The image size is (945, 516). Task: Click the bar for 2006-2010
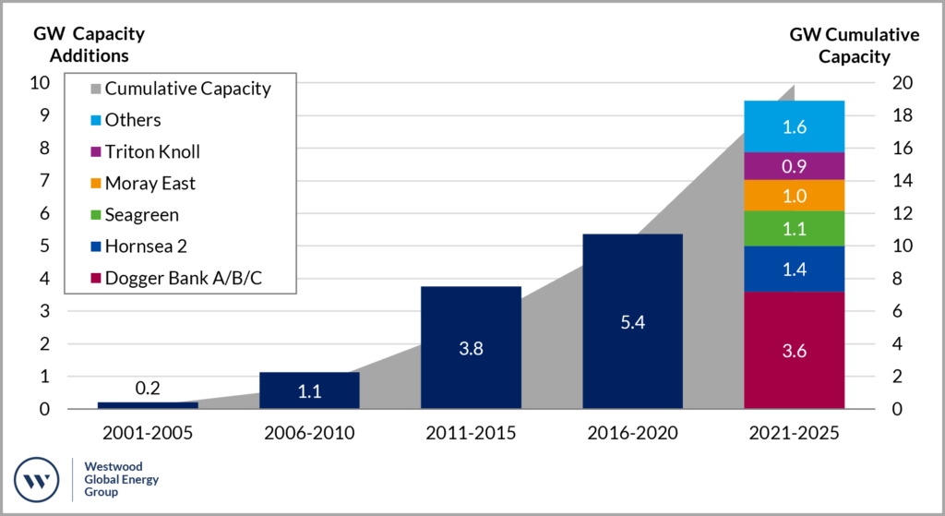pos(309,390)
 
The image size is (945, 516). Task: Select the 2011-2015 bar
pos(471,347)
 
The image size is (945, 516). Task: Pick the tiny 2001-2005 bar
pos(148,404)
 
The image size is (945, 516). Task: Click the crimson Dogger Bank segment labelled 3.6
pos(794,350)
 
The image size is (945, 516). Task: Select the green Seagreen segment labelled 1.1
pos(794,228)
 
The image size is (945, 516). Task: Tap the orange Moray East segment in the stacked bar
pos(794,196)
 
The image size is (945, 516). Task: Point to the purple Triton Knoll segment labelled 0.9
pos(794,166)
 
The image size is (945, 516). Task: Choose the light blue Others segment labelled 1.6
pos(794,126)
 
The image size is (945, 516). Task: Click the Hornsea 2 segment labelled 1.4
pos(794,269)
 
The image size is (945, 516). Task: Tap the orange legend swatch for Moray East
pos(96,184)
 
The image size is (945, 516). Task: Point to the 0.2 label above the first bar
pos(148,389)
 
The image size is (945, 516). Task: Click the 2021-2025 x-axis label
pos(794,433)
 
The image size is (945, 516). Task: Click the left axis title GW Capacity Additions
pos(89,44)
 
